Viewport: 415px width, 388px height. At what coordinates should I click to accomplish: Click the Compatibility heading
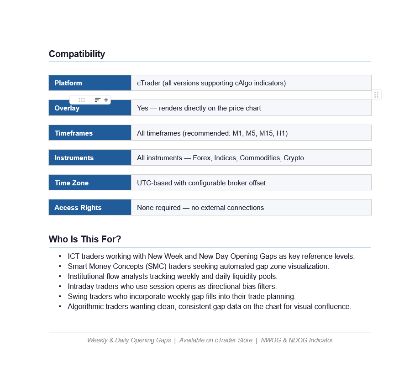pos(77,54)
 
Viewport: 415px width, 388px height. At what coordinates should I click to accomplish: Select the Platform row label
pos(68,83)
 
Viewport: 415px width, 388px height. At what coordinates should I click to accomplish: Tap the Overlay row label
pos(67,109)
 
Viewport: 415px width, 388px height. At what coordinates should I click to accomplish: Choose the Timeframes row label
pos(74,133)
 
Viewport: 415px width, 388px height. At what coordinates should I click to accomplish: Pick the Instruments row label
pos(74,158)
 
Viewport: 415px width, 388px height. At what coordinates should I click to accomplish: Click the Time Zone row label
pos(71,183)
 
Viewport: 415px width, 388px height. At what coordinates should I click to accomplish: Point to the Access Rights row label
pos(78,208)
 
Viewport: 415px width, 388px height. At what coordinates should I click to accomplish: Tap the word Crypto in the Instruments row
pos(294,158)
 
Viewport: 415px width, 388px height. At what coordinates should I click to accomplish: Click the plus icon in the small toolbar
pos(106,100)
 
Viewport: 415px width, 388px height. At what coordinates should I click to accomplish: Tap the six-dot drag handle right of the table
pos(376,95)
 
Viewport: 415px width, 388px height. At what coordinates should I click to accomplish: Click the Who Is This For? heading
pos(84,239)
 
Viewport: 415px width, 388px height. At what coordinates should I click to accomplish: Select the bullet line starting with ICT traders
pos(211,257)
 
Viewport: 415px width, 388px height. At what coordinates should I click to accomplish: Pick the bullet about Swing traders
pos(182,297)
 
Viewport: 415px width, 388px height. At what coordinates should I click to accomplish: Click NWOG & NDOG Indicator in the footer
pos(297,340)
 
